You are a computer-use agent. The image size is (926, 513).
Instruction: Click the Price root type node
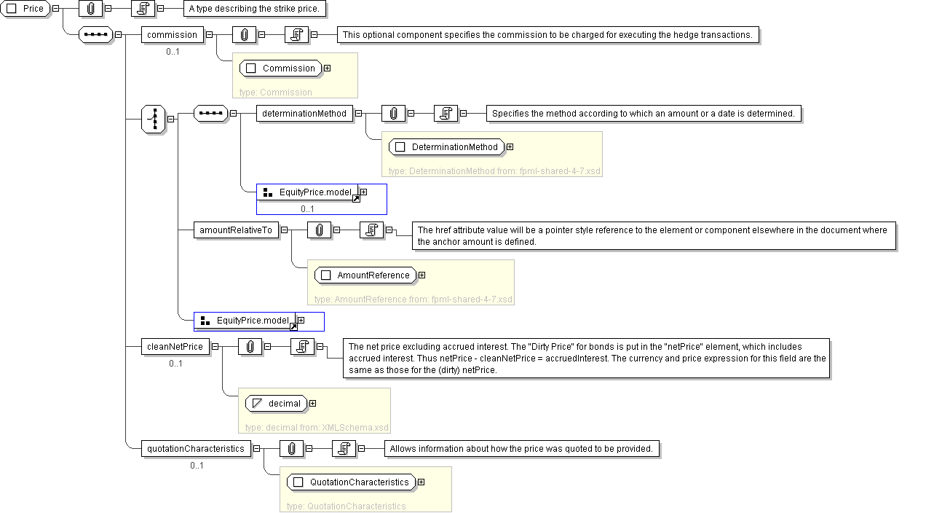click(25, 9)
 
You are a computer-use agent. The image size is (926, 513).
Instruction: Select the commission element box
click(172, 34)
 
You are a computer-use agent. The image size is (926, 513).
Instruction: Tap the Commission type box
click(281, 68)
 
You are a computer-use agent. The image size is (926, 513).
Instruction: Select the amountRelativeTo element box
click(236, 230)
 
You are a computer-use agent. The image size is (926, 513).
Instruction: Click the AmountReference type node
click(365, 275)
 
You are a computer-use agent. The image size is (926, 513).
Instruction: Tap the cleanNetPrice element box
click(175, 347)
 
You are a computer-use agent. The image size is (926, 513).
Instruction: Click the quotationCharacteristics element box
click(196, 449)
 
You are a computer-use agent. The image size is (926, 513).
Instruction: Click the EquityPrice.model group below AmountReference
click(245, 321)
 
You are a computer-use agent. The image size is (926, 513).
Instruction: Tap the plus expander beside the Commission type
click(327, 68)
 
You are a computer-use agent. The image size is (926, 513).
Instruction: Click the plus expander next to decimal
click(312, 404)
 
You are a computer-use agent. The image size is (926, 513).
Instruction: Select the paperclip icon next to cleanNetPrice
click(250, 347)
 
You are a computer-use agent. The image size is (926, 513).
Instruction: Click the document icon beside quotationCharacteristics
click(343, 449)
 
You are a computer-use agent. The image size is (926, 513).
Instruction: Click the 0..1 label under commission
click(173, 51)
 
